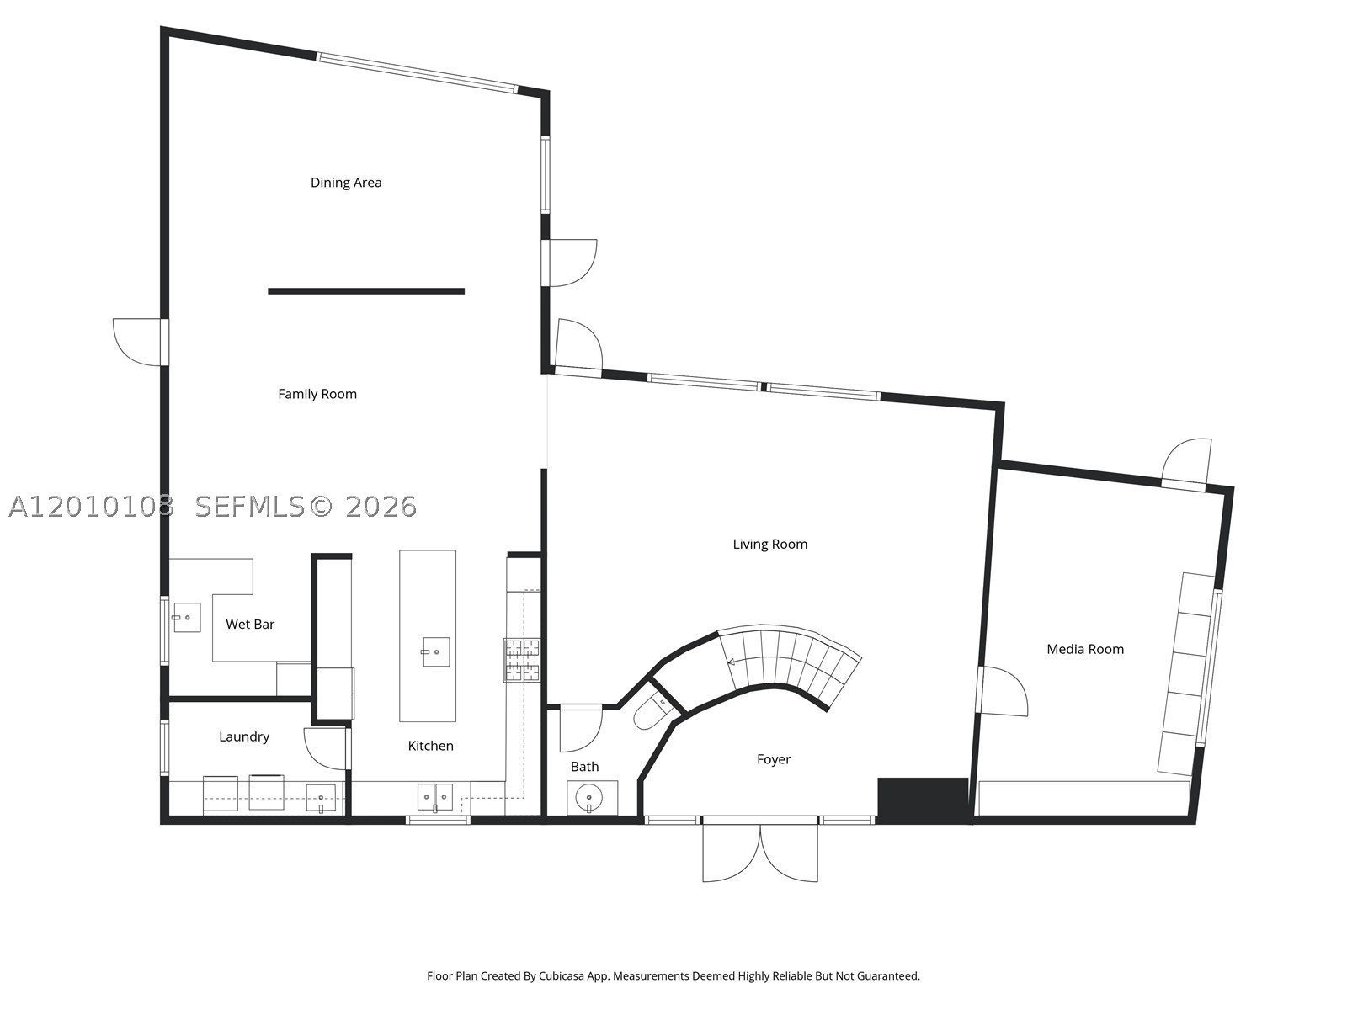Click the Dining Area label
point(345,183)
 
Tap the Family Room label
point(317,394)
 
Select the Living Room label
point(769,545)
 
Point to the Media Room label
point(1085,650)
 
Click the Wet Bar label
point(250,625)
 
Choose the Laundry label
point(244,737)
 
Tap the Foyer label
point(773,760)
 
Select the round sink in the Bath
point(589,797)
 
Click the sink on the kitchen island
point(436,651)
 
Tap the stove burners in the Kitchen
point(522,660)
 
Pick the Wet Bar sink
point(187,618)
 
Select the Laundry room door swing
point(325,748)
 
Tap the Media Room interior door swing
point(1003,691)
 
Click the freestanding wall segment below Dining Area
point(366,291)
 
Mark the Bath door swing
point(581,729)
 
